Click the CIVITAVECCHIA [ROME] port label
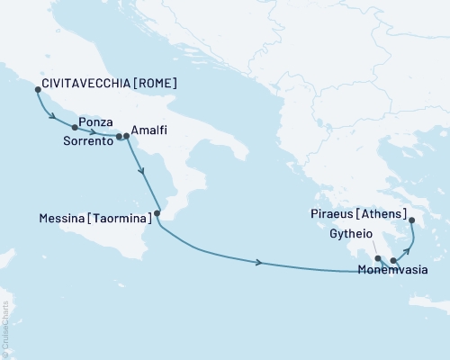point(109,84)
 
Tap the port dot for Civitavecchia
point(37,90)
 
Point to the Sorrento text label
point(88,141)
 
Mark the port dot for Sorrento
point(119,137)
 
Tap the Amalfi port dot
point(126,137)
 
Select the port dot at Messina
point(157,213)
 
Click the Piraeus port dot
point(411,220)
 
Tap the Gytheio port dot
point(378,258)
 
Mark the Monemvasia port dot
point(393,260)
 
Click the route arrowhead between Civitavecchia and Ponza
point(53,116)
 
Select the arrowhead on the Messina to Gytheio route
point(260,262)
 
